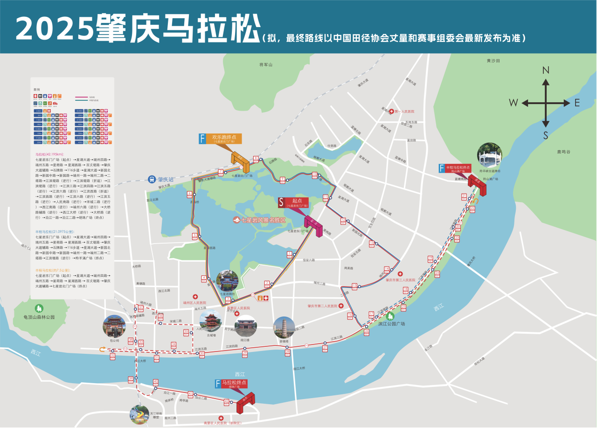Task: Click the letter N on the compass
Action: point(546,70)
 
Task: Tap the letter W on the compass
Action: point(514,103)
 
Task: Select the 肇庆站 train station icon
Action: point(152,179)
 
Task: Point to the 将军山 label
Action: point(265,64)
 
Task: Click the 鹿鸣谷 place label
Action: point(563,152)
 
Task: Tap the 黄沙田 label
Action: point(493,61)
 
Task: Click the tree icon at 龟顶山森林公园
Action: point(39,308)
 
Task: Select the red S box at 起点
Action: point(281,203)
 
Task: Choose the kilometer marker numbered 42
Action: point(227,401)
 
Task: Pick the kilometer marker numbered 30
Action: point(202,354)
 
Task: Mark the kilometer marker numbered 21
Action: point(464,196)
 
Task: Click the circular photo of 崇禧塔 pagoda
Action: point(284,327)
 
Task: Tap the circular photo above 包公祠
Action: point(114,327)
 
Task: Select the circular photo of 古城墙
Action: point(210,322)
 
